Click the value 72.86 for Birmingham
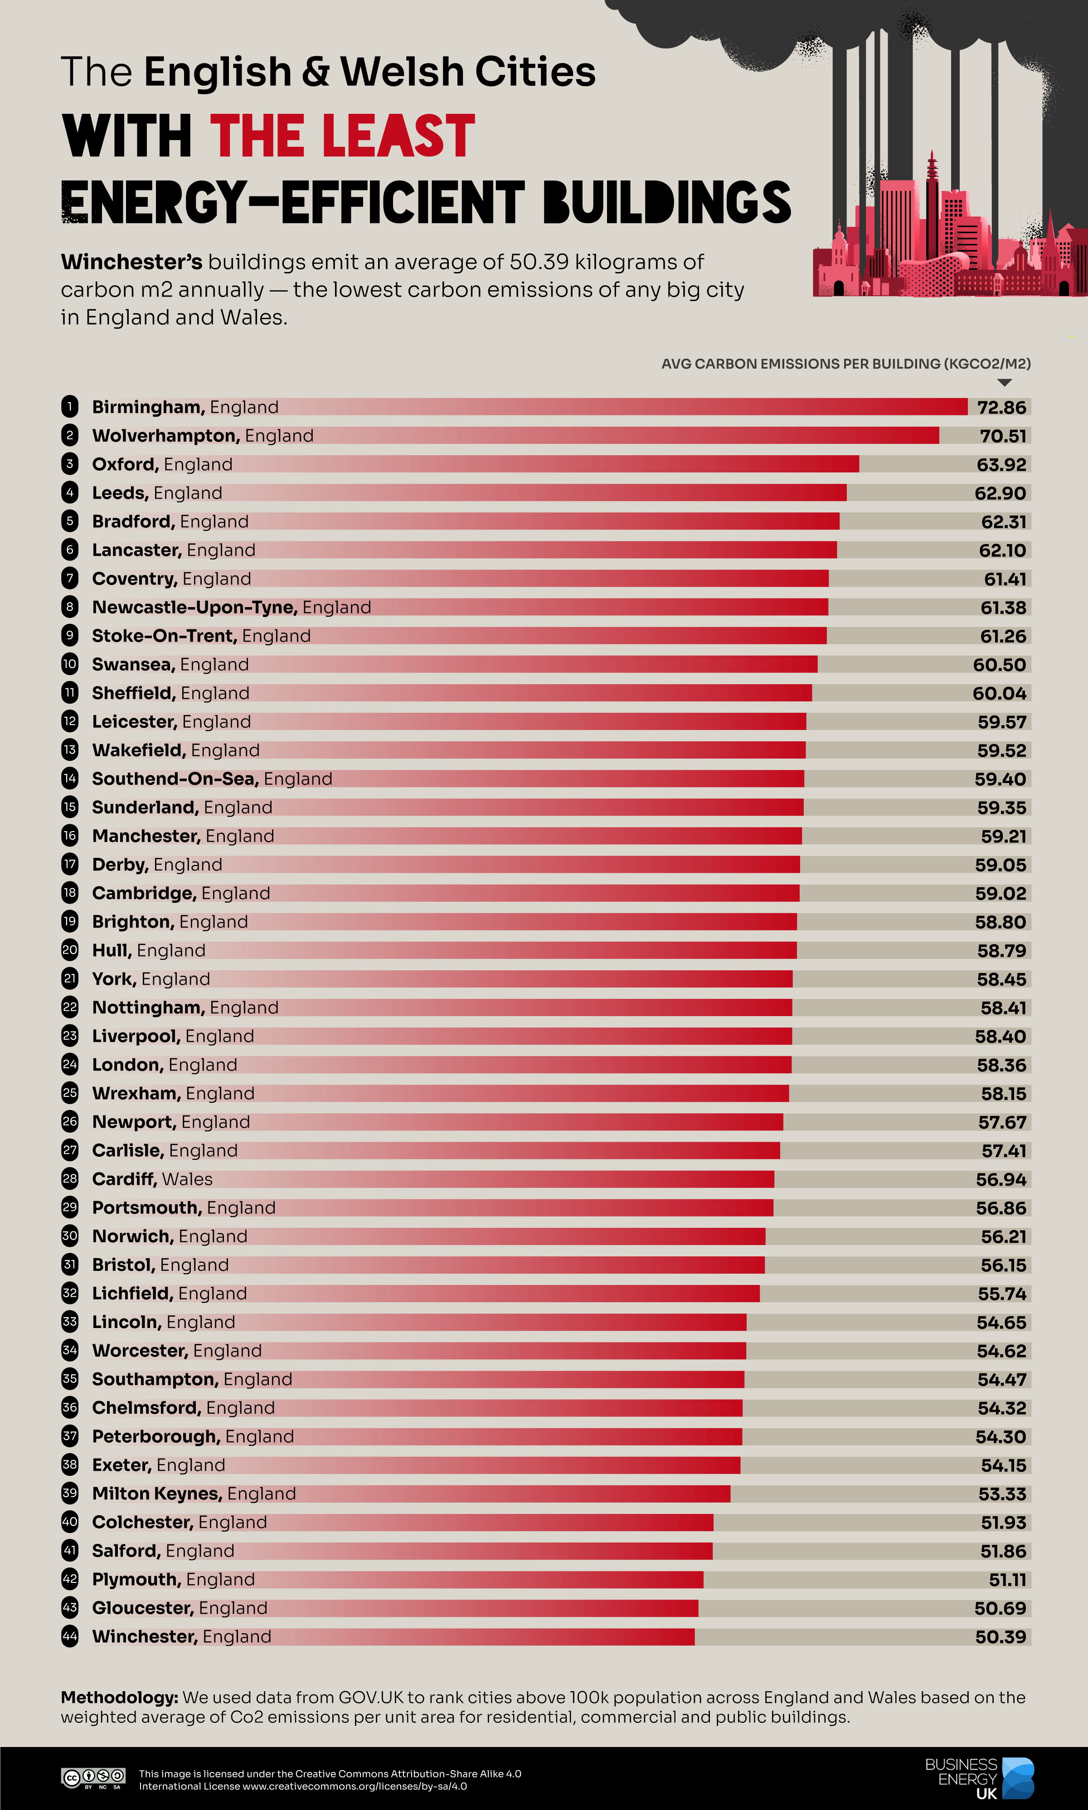click(x=1001, y=408)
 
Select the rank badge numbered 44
click(x=70, y=1636)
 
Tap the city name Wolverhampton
click(x=165, y=435)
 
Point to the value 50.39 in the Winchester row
click(x=1001, y=1637)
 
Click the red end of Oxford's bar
click(x=850, y=464)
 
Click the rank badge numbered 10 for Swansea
click(x=70, y=664)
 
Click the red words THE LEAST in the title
click(x=342, y=136)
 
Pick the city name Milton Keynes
click(x=156, y=1494)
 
